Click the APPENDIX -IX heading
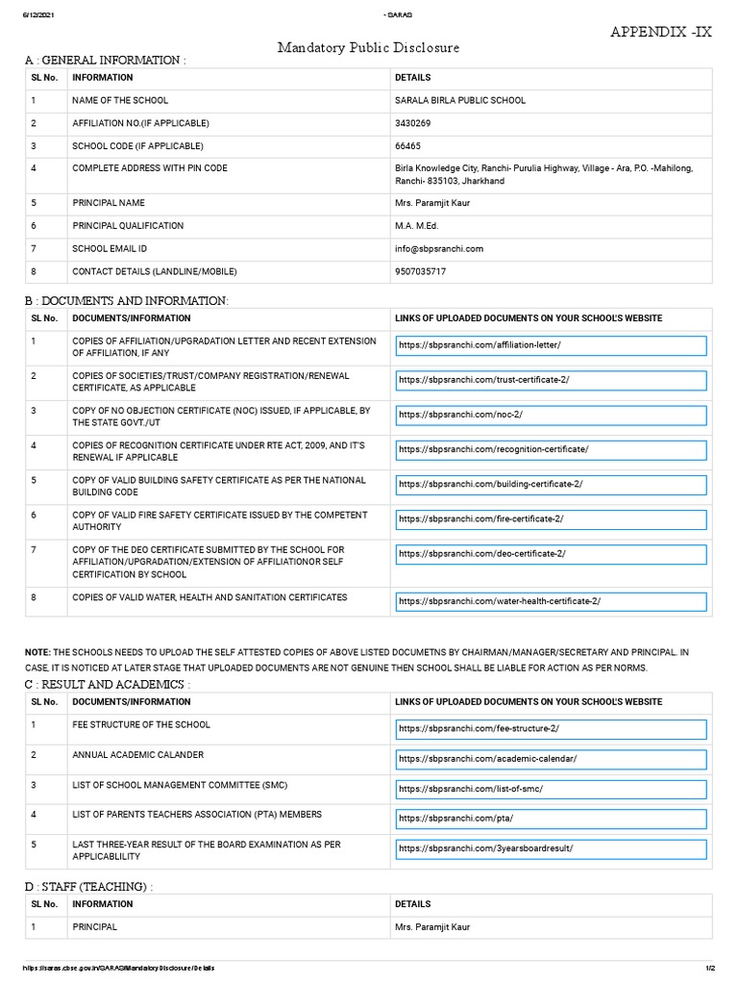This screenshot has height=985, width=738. pyautogui.click(x=662, y=32)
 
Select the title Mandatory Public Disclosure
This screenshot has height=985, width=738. pyautogui.click(x=369, y=47)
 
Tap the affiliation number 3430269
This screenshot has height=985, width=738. pyautogui.click(x=414, y=123)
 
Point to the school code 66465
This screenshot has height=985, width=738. pyautogui.click(x=408, y=146)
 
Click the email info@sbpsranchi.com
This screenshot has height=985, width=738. pyautogui.click(x=439, y=248)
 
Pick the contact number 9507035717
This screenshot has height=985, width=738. pyautogui.click(x=421, y=271)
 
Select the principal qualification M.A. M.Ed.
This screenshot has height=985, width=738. pyautogui.click(x=418, y=225)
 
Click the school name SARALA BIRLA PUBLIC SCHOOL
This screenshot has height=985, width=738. pyautogui.click(x=460, y=100)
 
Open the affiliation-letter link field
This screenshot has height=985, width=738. pyautogui.click(x=550, y=345)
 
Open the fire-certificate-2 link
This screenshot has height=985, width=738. pyautogui.click(x=550, y=518)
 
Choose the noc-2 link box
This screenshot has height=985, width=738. pyautogui.click(x=550, y=415)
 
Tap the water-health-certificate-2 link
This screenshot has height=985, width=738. pyautogui.click(x=550, y=601)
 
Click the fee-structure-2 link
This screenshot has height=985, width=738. pyautogui.click(x=550, y=729)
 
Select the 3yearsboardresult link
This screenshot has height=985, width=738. pyautogui.click(x=550, y=849)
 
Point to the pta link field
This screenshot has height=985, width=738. pyautogui.click(x=550, y=819)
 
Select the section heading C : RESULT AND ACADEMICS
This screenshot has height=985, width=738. pyautogui.click(x=107, y=683)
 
